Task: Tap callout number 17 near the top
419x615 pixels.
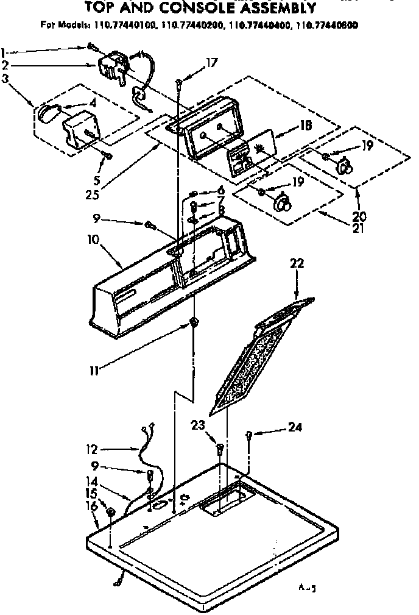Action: pyautogui.click(x=211, y=62)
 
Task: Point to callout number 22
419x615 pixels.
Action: pyautogui.click(x=297, y=264)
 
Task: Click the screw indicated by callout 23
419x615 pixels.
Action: pyautogui.click(x=220, y=450)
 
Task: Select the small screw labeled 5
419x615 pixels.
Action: pyautogui.click(x=107, y=157)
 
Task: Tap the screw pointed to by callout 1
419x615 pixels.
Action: pyautogui.click(x=91, y=46)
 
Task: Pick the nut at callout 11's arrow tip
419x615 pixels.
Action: pyautogui.click(x=193, y=322)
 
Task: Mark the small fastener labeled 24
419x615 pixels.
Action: pyautogui.click(x=250, y=435)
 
